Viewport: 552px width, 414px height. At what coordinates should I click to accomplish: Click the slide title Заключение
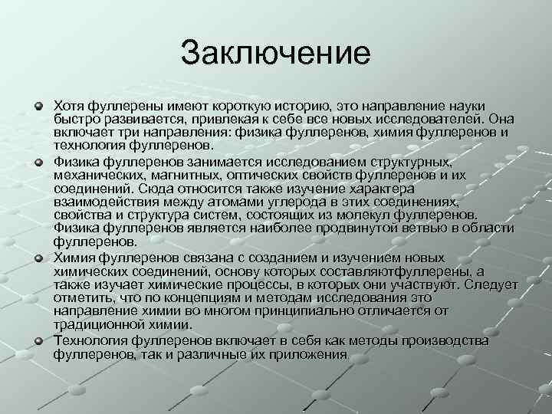coord(275,53)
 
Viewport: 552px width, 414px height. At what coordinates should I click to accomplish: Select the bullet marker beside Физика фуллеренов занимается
coord(38,162)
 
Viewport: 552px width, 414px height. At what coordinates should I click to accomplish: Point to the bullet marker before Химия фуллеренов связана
coord(38,257)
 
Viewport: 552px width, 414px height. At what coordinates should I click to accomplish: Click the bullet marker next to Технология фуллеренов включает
coord(38,340)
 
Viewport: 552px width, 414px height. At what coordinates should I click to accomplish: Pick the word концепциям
coord(201,298)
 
